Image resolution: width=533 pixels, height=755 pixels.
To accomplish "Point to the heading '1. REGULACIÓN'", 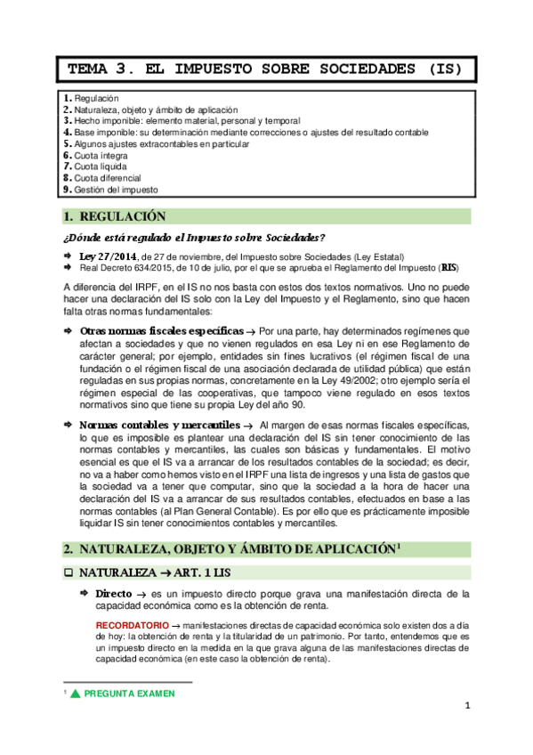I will (116, 216).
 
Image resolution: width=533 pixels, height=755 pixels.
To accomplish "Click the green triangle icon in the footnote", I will (76, 693).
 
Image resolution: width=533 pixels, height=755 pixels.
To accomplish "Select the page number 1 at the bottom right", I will (466, 706).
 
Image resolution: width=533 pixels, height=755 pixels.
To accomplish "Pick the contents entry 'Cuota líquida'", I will (101, 166).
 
